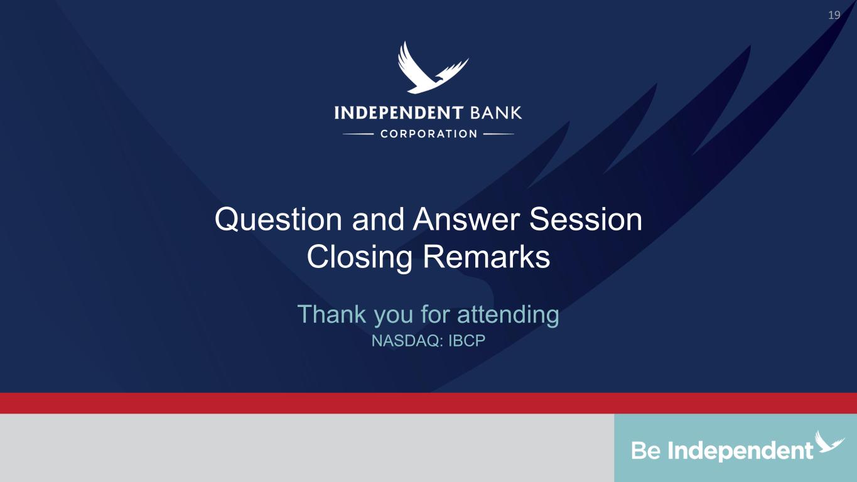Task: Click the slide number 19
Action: click(x=834, y=15)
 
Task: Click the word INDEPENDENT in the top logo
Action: click(x=399, y=113)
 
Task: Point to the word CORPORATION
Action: click(x=428, y=134)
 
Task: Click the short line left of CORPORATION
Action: click(x=358, y=134)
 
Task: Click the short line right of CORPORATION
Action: click(x=499, y=134)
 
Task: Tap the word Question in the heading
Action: click(x=278, y=220)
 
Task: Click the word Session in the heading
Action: click(x=586, y=220)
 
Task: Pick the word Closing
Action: click(x=359, y=257)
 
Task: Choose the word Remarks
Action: click(x=487, y=257)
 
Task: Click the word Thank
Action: click(x=331, y=314)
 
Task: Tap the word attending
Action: click(x=508, y=315)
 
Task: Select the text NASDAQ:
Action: click(x=407, y=340)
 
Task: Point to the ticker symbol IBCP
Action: click(x=466, y=340)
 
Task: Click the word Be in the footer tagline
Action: click(x=646, y=451)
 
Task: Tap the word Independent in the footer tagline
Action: click(x=741, y=451)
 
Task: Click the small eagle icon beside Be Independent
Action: click(x=829, y=441)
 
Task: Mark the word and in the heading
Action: click(x=377, y=220)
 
